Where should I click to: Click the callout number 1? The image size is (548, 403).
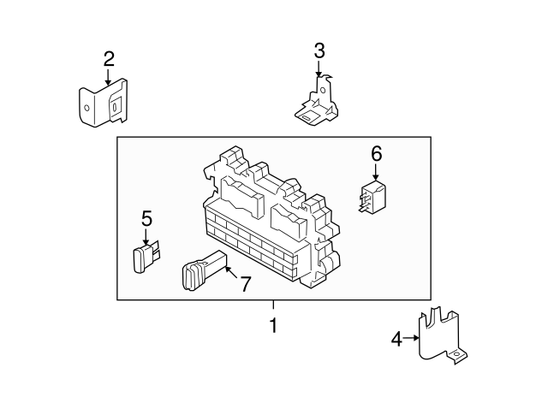[x=273, y=325]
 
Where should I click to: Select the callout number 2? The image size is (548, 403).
[x=109, y=59]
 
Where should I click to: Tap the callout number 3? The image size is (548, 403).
[x=319, y=51]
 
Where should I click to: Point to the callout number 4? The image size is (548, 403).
[x=396, y=339]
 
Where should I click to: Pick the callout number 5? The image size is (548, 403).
[x=146, y=219]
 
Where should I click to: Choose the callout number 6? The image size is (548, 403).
[x=377, y=154]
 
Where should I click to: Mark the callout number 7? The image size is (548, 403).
[x=246, y=283]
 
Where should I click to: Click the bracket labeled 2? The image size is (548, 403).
[x=103, y=103]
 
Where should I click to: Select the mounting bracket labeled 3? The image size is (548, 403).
[x=316, y=104]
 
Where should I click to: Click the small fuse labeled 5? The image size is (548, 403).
[x=146, y=256]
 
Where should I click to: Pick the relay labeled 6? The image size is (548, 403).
[x=372, y=198]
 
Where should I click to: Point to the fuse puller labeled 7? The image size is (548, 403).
[x=205, y=270]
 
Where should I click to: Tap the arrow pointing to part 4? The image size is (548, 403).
[x=411, y=338]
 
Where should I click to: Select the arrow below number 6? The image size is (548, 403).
[x=376, y=172]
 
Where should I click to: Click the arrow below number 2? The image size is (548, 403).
[x=108, y=77]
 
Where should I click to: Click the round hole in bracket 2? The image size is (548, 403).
[x=87, y=108]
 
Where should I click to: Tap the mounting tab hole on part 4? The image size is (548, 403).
[x=456, y=355]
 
